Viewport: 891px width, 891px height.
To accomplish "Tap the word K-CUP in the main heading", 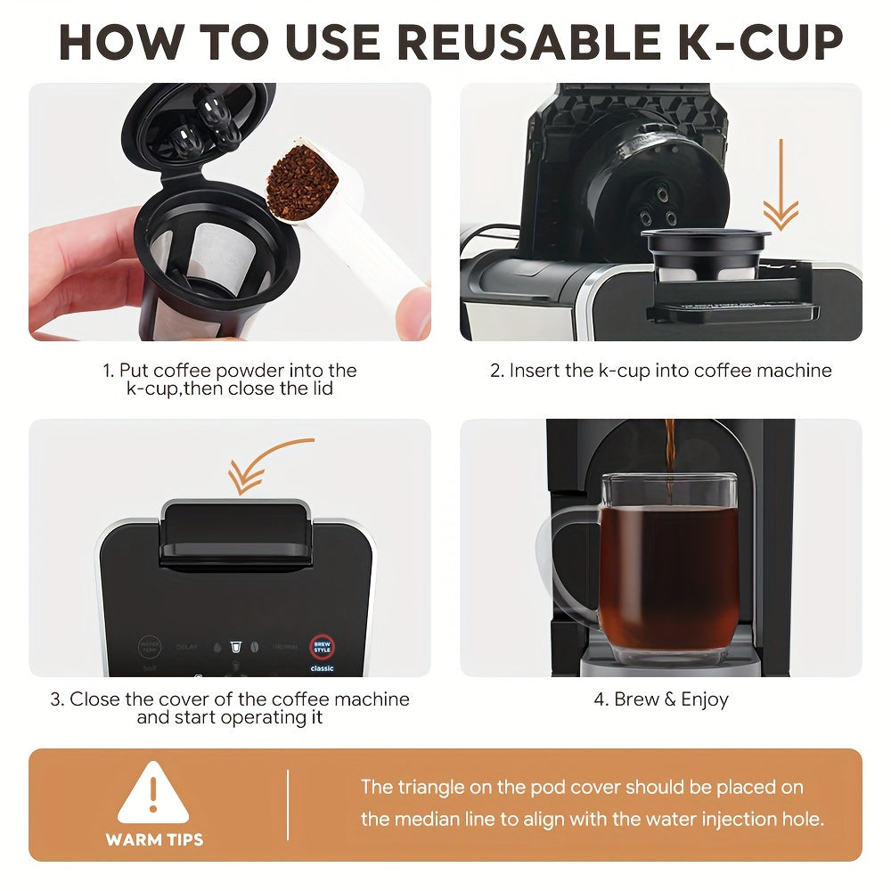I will (750, 43).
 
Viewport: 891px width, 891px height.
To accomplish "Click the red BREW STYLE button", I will (322, 646).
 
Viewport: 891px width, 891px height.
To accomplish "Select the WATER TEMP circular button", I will (149, 647).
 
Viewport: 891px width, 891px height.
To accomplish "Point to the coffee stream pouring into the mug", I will (669, 454).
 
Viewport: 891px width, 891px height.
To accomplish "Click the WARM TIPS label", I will (154, 839).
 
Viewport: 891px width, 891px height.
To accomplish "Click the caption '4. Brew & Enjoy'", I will (661, 699).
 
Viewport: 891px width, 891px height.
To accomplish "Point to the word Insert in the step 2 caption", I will (535, 371).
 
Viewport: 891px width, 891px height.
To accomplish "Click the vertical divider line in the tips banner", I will (288, 805).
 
